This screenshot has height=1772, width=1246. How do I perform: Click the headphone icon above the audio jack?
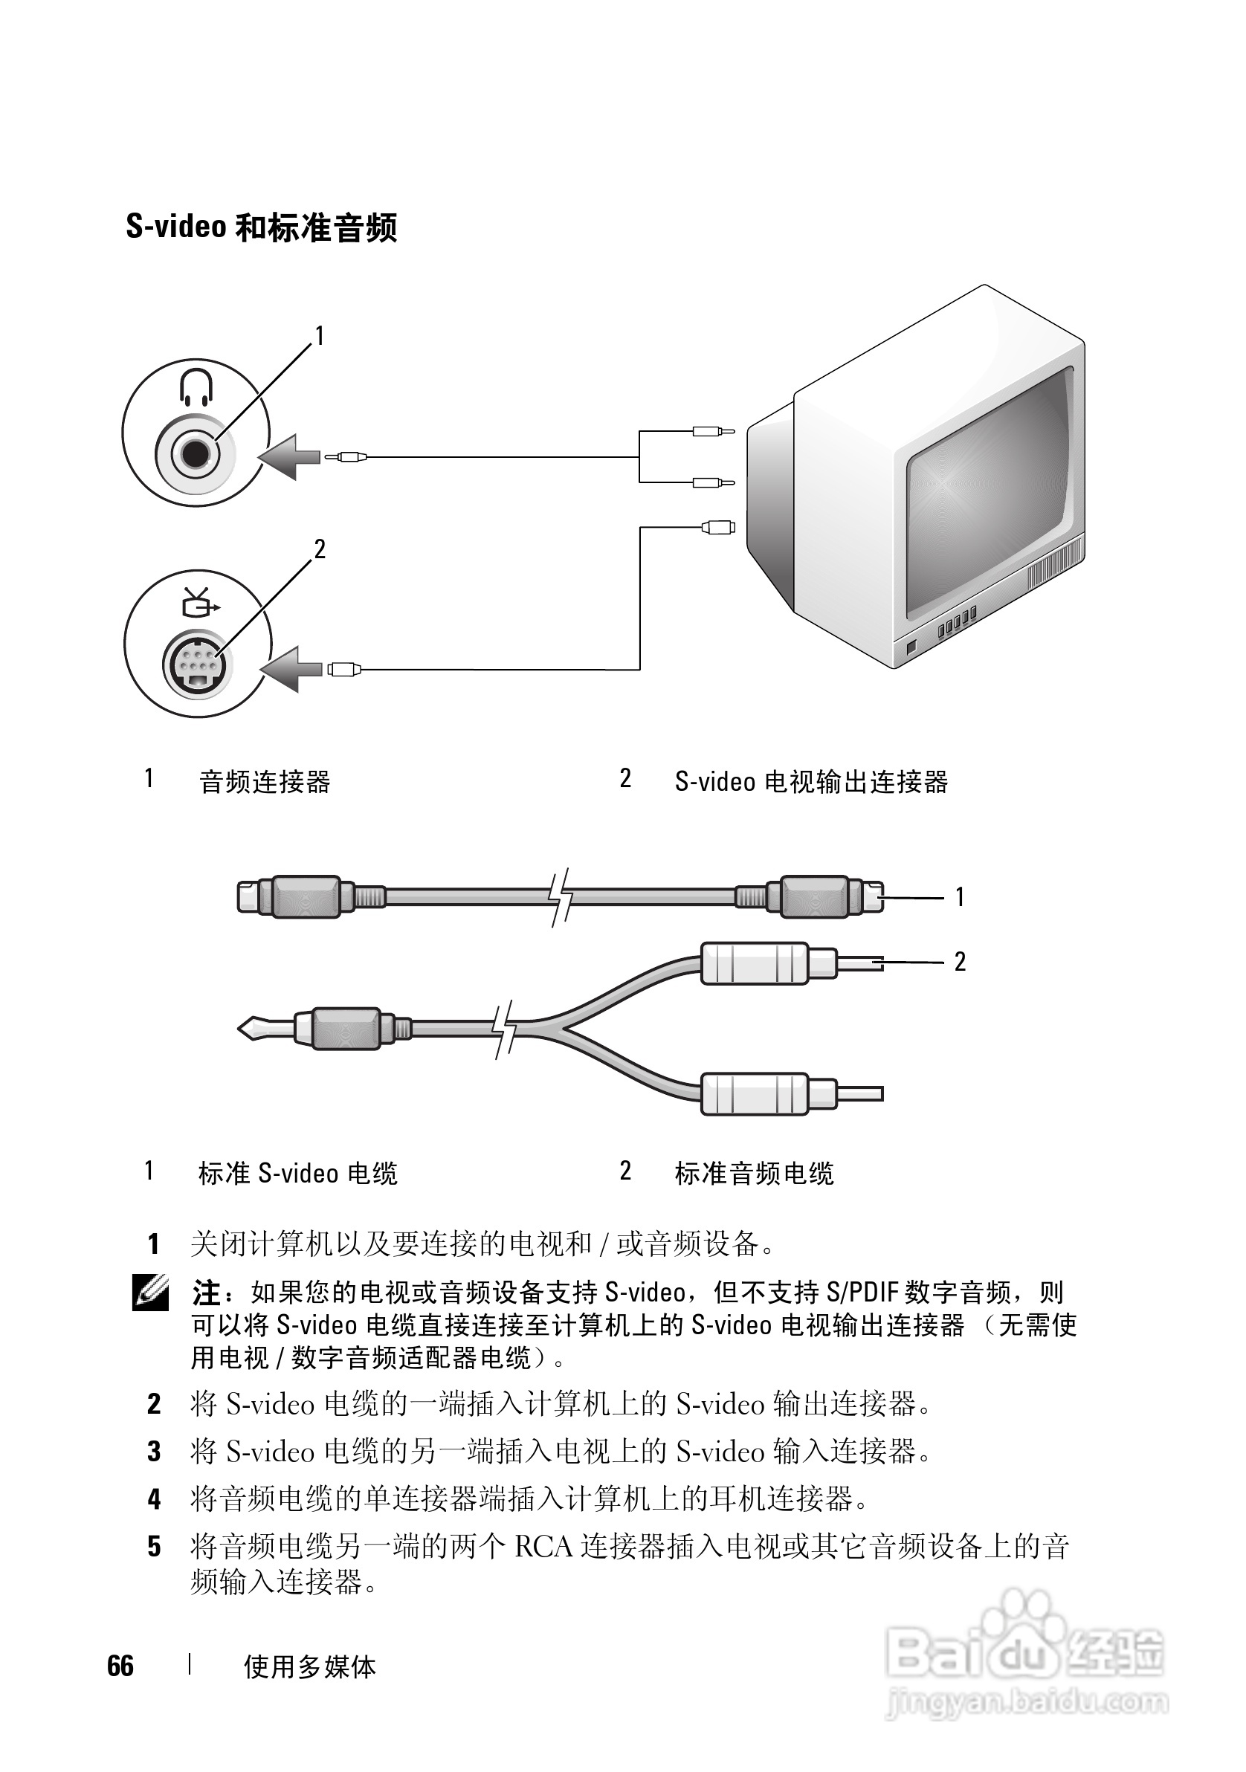196,386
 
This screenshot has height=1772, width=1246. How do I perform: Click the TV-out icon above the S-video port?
198,603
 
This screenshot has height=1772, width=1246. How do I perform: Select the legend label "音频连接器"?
265,782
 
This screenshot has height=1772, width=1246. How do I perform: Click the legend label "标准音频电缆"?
755,1173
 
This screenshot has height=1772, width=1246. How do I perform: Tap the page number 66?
120,1666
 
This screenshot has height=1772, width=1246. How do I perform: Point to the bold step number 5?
155,1547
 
